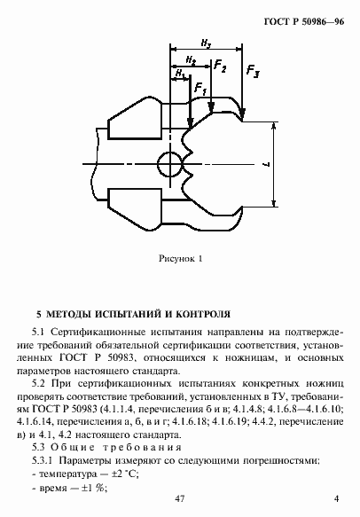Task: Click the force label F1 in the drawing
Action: (200, 89)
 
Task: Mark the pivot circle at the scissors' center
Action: (169, 163)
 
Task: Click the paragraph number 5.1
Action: (39, 331)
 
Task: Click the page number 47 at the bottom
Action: (180, 503)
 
